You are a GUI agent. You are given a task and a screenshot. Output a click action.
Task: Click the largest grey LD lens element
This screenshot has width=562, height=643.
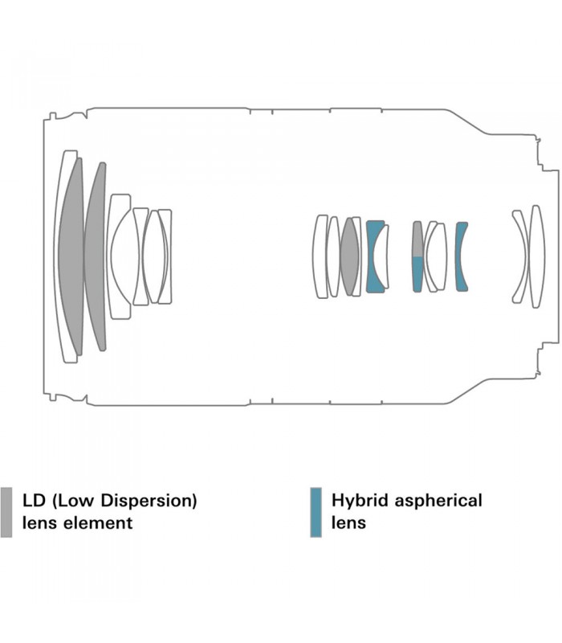coord(71,256)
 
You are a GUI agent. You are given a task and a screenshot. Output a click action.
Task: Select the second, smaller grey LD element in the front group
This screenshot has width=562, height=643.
coord(96,256)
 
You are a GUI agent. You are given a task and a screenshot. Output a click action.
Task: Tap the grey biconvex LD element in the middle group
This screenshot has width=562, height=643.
coord(349,256)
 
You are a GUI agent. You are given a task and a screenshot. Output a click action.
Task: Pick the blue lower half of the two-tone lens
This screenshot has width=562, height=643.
coord(417,274)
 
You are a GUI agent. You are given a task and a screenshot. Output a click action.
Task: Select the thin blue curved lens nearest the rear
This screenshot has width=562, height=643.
coord(460,256)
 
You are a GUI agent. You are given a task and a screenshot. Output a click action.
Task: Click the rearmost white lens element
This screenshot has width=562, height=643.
coord(537,256)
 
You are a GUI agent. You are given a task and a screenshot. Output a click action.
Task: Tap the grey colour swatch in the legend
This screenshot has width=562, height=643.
coord(6,512)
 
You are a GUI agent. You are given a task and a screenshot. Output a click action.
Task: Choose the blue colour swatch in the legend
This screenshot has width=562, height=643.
coord(316,512)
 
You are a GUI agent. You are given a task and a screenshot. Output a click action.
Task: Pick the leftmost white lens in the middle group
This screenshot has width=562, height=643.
coord(320,256)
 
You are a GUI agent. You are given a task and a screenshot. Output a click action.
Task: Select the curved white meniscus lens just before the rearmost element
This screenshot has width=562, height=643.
coord(521,256)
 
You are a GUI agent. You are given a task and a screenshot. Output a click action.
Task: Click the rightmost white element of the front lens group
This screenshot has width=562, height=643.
coord(165,256)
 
